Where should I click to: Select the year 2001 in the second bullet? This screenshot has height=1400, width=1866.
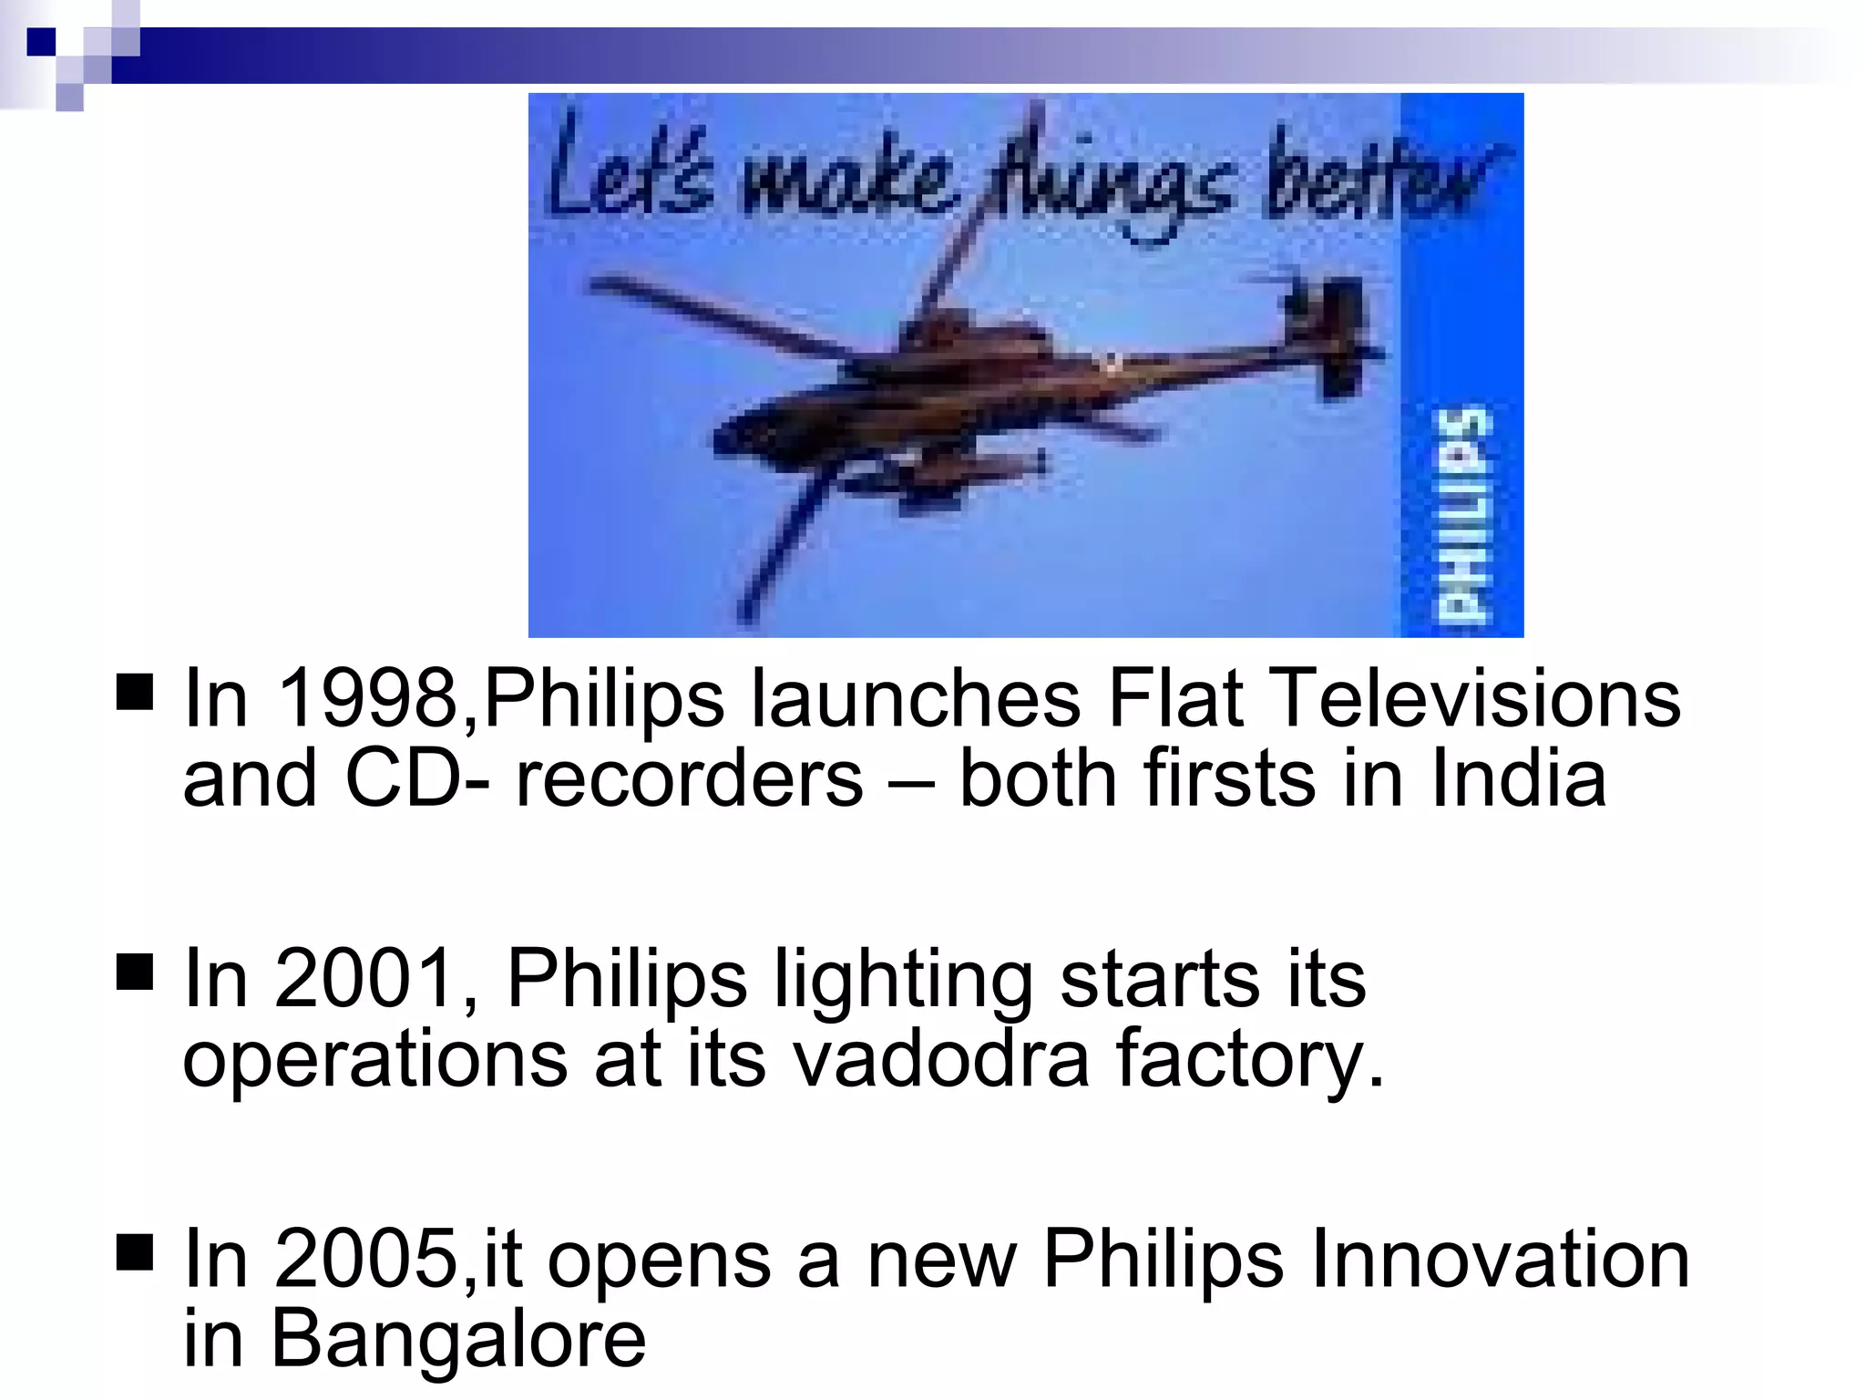click(x=364, y=978)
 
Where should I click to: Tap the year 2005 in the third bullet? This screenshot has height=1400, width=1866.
click(x=364, y=1259)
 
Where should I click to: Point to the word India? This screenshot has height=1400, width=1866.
click(x=1518, y=778)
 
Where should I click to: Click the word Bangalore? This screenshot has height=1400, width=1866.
click(x=458, y=1339)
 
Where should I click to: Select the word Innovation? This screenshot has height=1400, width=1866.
click(x=1500, y=1259)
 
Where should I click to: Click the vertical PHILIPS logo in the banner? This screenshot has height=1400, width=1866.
click(x=1462, y=515)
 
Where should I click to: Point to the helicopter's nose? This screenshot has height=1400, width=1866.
click(x=729, y=436)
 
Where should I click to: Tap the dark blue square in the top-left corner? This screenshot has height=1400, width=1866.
click(x=41, y=42)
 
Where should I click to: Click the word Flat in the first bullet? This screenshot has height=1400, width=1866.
click(x=1174, y=698)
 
